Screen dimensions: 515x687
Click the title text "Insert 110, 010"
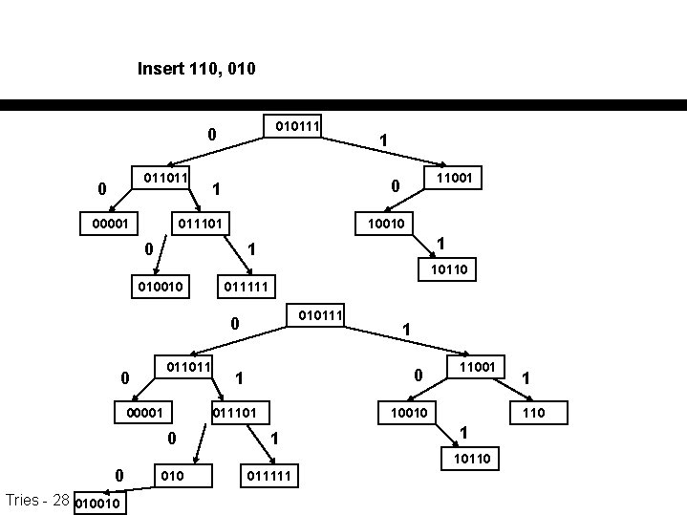coord(196,69)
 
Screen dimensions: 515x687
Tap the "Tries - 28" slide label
coord(36,500)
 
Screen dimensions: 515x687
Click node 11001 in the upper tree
coord(457,178)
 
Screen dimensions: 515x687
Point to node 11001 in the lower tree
coord(476,366)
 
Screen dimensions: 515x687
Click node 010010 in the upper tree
coord(158,286)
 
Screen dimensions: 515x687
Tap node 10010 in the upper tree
coord(382,224)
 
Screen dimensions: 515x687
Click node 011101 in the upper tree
coord(204,224)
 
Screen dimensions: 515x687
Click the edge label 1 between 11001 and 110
coord(526,379)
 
